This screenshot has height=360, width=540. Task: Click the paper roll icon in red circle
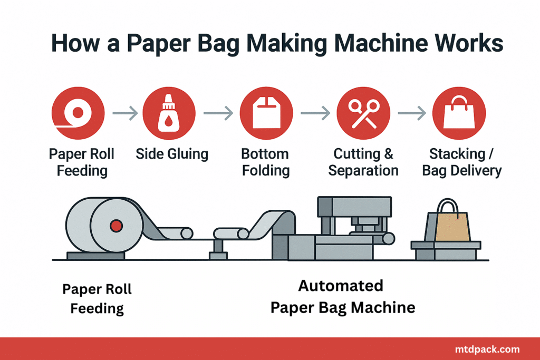click(x=78, y=113)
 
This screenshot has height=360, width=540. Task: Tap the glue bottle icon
click(x=168, y=113)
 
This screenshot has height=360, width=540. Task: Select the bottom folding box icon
click(x=266, y=113)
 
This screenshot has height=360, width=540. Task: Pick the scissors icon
click(x=363, y=113)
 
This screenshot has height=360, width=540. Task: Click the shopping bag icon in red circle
click(x=459, y=113)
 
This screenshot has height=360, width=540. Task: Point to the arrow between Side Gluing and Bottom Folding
click(x=218, y=113)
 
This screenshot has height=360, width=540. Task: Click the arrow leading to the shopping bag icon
click(x=412, y=113)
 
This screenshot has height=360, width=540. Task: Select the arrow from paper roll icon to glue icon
click(x=125, y=113)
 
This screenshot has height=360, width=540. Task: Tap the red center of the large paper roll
click(x=116, y=226)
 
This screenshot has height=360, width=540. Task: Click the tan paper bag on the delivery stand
click(x=452, y=227)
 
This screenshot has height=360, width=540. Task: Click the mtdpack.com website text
click(x=487, y=349)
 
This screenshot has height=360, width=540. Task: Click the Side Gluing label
click(x=172, y=154)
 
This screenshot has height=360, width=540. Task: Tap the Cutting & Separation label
click(x=363, y=162)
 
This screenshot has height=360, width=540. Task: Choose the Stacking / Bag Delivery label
click(x=462, y=162)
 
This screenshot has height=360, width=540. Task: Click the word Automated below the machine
click(x=341, y=286)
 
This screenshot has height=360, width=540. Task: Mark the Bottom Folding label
click(x=266, y=162)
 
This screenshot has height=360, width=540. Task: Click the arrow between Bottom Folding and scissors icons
click(x=315, y=113)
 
